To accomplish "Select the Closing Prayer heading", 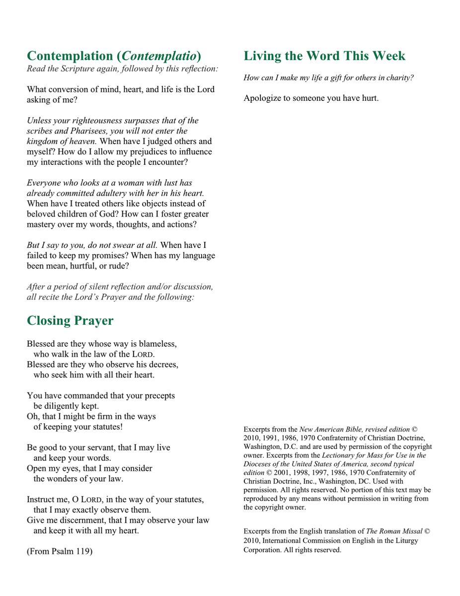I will pyautogui.click(x=70, y=320).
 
